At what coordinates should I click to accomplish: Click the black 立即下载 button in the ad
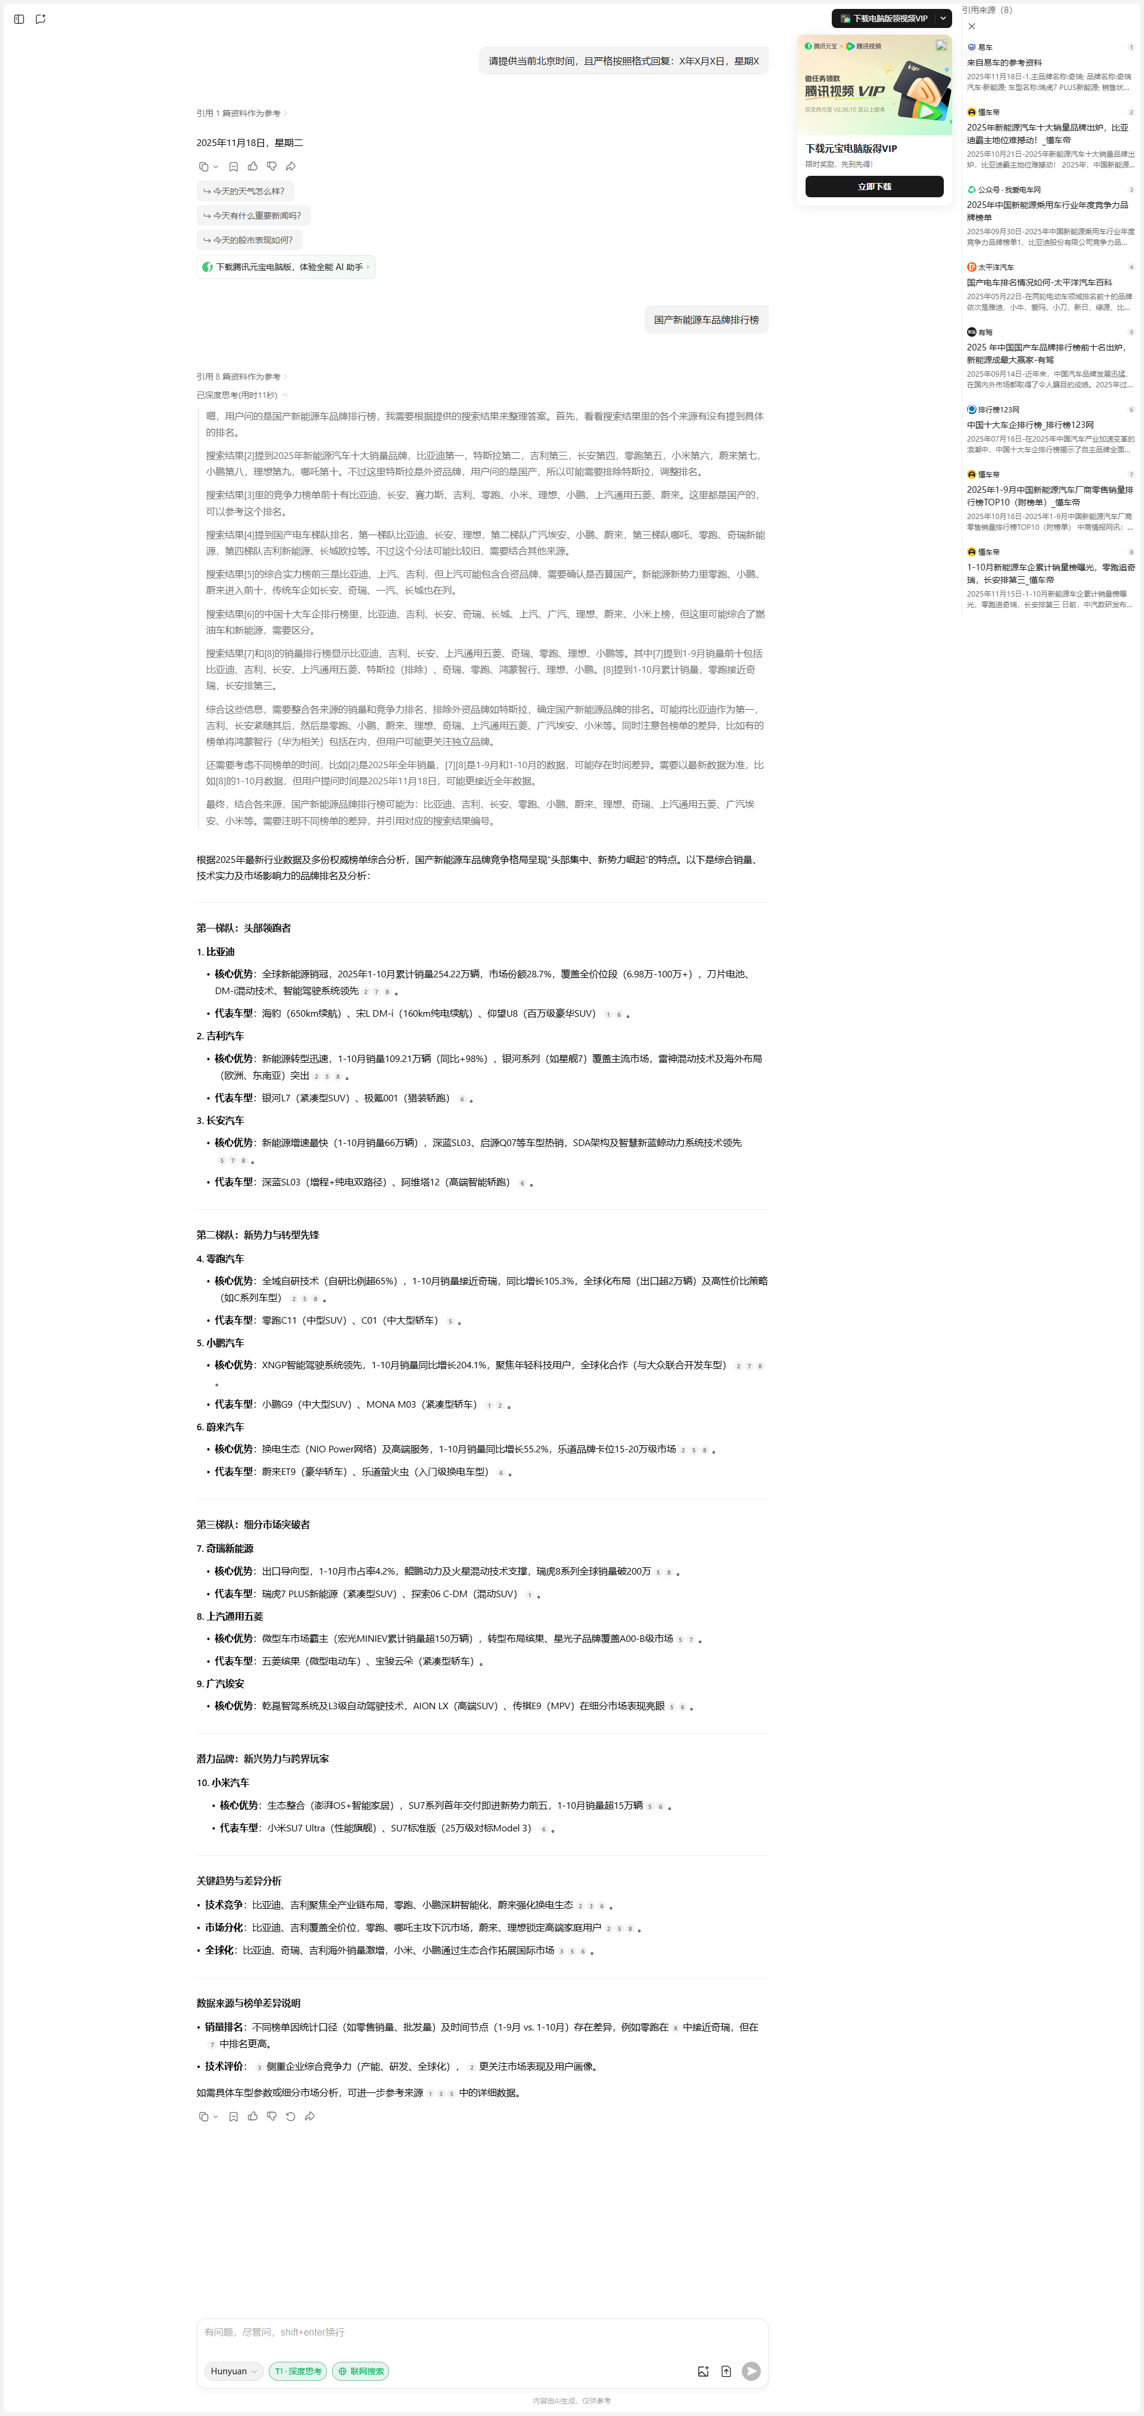pyautogui.click(x=874, y=187)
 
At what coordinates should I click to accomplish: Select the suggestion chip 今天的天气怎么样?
pyautogui.click(x=245, y=191)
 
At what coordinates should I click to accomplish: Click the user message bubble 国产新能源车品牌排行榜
pyautogui.click(x=706, y=320)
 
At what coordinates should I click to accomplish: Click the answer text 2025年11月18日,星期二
pyautogui.click(x=250, y=142)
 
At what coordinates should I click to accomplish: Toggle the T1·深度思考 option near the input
pyautogui.click(x=298, y=2371)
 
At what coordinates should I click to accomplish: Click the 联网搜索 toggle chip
pyautogui.click(x=361, y=2371)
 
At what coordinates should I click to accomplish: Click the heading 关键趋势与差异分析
pyautogui.click(x=239, y=1880)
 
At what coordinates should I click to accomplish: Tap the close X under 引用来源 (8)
pyautogui.click(x=971, y=26)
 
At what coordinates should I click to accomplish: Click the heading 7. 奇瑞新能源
pyautogui.click(x=225, y=1548)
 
